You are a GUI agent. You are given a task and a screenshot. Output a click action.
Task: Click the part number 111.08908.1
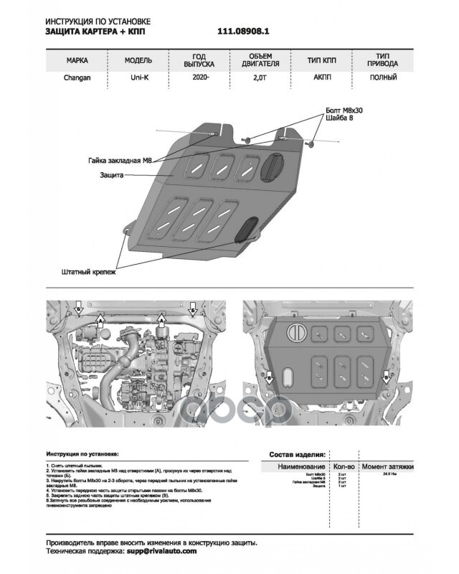tap(247, 32)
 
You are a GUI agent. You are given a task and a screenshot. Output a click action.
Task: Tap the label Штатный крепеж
tap(87, 273)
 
